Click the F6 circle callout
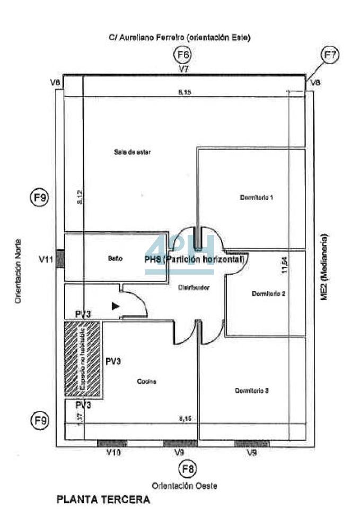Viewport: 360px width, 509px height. click(x=184, y=55)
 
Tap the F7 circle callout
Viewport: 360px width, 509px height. click(x=330, y=55)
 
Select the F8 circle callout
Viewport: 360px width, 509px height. click(x=187, y=469)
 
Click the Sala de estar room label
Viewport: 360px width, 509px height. click(x=132, y=152)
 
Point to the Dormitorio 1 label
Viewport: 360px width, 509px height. click(x=256, y=198)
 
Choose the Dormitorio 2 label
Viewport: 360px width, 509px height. click(x=269, y=294)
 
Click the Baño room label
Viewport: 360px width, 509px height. click(x=116, y=259)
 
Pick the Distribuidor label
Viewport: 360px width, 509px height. click(x=194, y=287)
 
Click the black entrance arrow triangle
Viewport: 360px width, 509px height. click(x=115, y=305)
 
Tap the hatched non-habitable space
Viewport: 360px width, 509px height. click(x=83, y=358)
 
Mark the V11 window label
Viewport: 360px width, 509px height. click(x=46, y=260)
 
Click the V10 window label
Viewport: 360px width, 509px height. click(x=115, y=453)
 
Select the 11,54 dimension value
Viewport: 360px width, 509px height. click(x=284, y=265)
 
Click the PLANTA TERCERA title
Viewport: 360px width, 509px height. click(x=103, y=499)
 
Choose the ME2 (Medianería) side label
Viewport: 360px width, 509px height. click(x=324, y=267)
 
